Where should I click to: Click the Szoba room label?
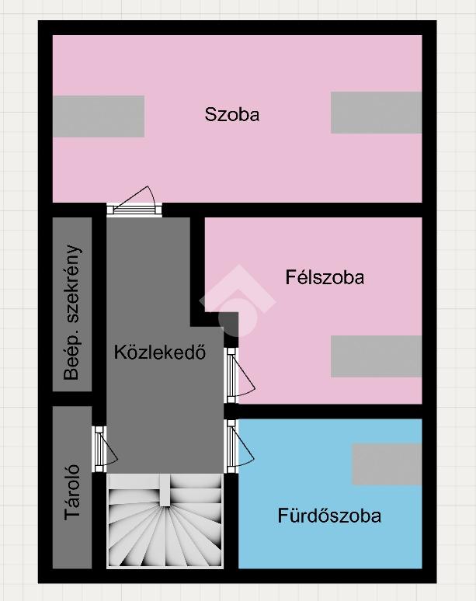pos(232,114)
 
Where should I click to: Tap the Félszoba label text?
pos(325,277)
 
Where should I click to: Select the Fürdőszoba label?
pos(329,516)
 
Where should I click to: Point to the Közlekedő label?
pos(160,352)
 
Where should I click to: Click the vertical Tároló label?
pos(72,492)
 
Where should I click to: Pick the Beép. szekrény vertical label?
pos(72,312)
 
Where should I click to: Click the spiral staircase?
pos(165,520)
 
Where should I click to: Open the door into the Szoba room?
pos(134,201)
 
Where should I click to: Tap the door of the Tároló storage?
pos(106,449)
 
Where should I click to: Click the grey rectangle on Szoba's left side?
pos(99,116)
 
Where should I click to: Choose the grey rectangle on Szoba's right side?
pos(377,113)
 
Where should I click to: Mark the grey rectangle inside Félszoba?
pos(377,356)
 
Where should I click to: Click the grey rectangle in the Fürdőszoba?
pos(387,464)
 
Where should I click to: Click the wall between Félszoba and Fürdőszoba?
pos(330,412)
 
